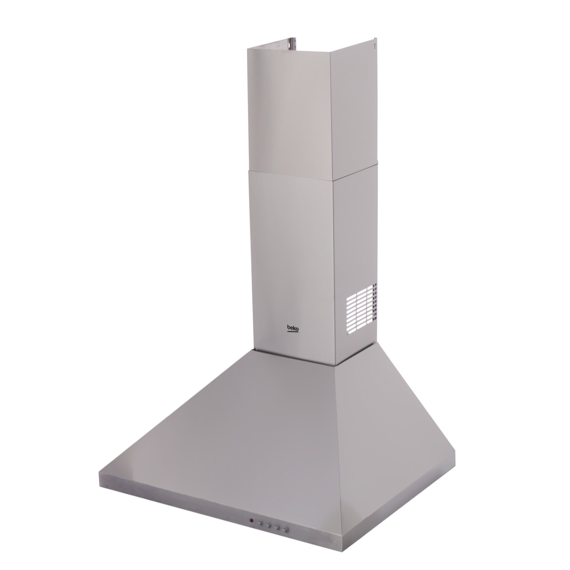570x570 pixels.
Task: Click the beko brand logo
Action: point(293,328)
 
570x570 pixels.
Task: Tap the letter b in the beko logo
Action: point(288,328)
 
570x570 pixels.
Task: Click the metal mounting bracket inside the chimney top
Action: point(291,43)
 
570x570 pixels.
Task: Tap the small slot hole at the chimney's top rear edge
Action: point(374,46)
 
